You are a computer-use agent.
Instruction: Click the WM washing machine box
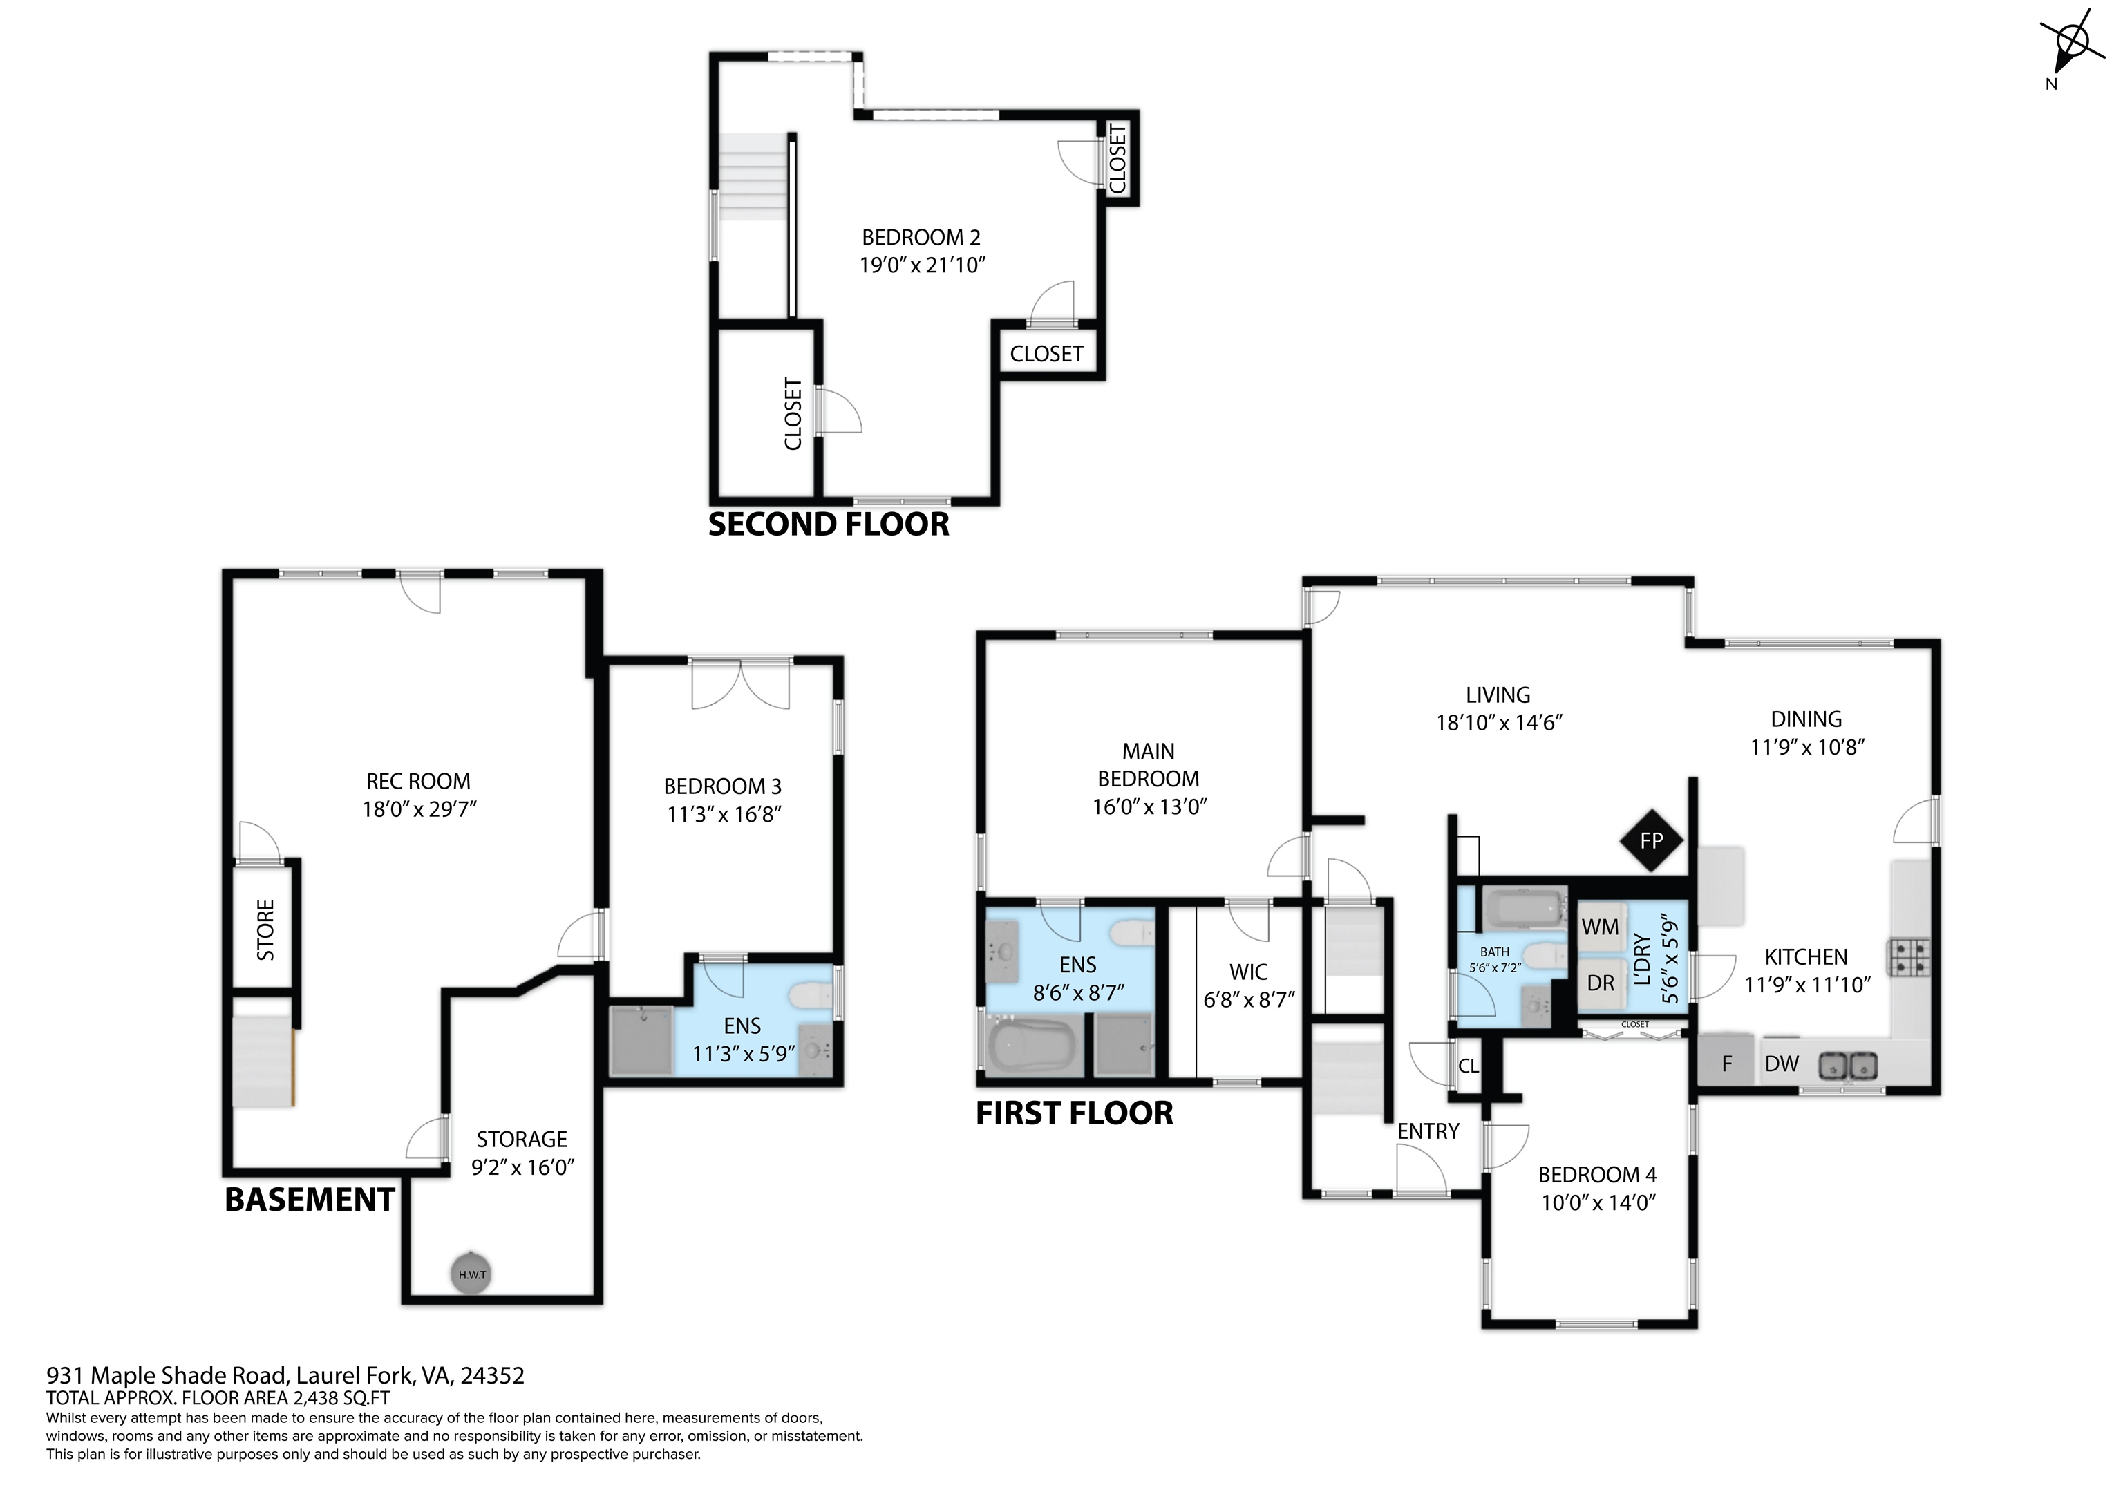tap(1601, 927)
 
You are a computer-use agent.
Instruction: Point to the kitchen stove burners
tap(1909, 957)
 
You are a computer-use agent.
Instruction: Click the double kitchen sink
tap(1849, 1066)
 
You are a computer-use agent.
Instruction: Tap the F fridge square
tap(1726, 1064)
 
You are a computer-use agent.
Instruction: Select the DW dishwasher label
tap(1782, 1064)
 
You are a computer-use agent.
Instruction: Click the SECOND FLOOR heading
tap(829, 525)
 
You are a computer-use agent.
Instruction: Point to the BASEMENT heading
tap(310, 1200)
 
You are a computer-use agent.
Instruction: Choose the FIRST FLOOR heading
tap(1075, 1113)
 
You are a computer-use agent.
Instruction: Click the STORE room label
tap(265, 929)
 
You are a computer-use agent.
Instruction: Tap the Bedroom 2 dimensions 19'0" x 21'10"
tap(923, 265)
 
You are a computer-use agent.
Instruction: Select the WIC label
tap(1248, 972)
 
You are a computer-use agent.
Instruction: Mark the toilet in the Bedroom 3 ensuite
tap(811, 996)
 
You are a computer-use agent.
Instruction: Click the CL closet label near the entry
tap(1469, 1066)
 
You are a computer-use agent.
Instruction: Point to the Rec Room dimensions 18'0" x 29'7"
tap(419, 809)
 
